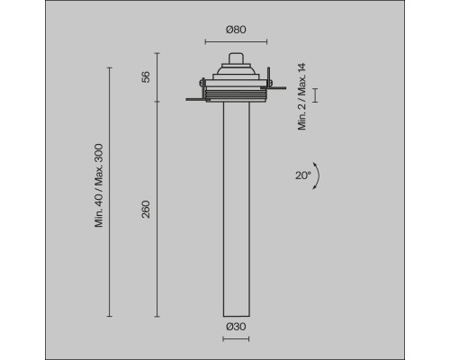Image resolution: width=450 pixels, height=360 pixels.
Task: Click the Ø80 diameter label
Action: click(236, 30)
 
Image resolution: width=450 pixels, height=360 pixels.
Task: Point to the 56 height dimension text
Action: click(146, 77)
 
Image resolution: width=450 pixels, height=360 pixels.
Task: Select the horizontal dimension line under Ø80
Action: click(236, 41)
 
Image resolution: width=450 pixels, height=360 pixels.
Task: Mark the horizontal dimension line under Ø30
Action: click(236, 338)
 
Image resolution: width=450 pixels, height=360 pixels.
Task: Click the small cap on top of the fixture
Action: click(236, 58)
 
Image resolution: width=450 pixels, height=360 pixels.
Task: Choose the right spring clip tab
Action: click(276, 89)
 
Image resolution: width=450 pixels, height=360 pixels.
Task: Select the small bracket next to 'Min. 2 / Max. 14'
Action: click(314, 95)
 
